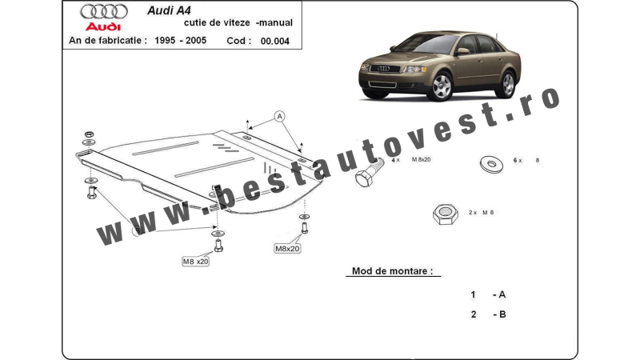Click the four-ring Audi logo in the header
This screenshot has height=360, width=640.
(104, 11)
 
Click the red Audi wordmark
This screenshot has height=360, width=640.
(103, 27)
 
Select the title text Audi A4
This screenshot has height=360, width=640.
(169, 10)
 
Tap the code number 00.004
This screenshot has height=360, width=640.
(274, 42)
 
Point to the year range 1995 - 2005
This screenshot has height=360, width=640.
(181, 41)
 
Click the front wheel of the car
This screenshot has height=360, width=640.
(442, 86)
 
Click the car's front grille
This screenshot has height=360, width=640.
(384, 69)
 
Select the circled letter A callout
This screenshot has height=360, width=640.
(279, 117)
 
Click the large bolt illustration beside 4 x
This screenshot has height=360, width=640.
(369, 172)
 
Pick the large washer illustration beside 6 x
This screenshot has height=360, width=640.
(491, 164)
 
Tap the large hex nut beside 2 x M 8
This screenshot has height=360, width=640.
(446, 214)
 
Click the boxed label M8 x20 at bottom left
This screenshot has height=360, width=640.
(195, 262)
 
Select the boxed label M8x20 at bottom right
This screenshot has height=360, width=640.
(287, 249)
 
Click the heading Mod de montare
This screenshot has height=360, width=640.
(392, 271)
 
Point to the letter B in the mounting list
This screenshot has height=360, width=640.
(502, 314)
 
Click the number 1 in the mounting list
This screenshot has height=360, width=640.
(473, 294)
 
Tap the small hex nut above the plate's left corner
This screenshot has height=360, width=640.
(89, 134)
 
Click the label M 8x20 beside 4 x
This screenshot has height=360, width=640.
(422, 159)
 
